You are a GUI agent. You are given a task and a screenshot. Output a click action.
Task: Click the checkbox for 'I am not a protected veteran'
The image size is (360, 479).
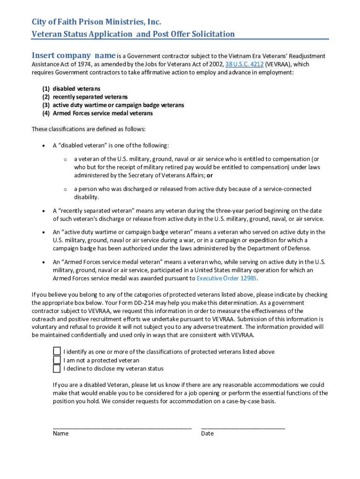[x=57, y=360]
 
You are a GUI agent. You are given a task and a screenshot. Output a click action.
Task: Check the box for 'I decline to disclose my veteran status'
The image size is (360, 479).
[x=57, y=369]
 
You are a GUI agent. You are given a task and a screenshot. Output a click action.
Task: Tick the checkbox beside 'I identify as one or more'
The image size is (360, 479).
[x=57, y=351]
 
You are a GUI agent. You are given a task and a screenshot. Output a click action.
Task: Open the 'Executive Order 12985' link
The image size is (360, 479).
[x=227, y=278]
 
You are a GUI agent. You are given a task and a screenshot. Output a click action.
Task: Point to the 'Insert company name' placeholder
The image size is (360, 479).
[x=73, y=55]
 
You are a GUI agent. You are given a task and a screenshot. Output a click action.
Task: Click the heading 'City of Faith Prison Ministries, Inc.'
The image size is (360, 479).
[x=96, y=22]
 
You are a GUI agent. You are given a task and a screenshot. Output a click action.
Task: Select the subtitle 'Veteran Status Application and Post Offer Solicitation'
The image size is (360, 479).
[x=133, y=34]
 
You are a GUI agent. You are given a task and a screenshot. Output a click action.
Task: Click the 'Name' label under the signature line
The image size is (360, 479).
[x=61, y=433]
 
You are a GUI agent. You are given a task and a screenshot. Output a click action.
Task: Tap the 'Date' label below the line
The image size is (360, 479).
[x=207, y=433]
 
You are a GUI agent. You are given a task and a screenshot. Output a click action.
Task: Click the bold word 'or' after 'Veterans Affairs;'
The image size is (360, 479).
[x=210, y=175]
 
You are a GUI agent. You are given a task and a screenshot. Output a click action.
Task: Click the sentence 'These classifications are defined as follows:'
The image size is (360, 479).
[x=88, y=129]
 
